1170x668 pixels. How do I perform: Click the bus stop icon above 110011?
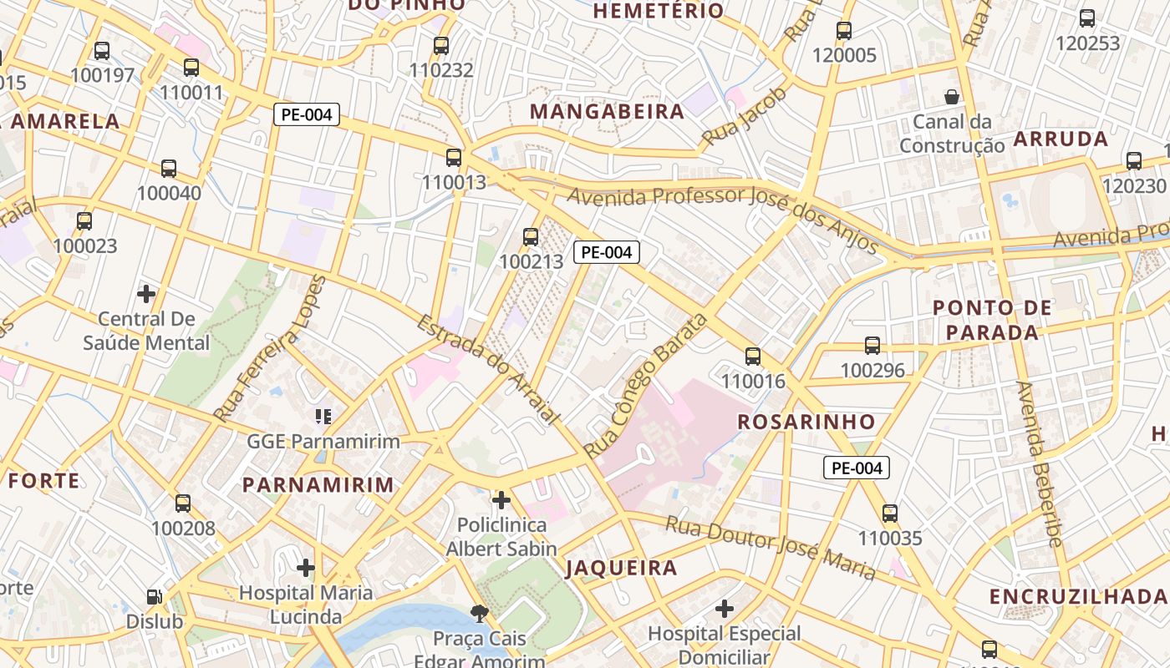click(x=191, y=68)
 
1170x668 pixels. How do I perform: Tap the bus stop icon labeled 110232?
click(x=441, y=46)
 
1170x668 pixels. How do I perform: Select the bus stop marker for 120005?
click(x=844, y=31)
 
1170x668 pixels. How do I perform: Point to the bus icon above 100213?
click(x=531, y=237)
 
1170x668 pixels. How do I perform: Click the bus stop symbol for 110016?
click(x=753, y=357)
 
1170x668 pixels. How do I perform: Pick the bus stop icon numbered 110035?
click(x=890, y=514)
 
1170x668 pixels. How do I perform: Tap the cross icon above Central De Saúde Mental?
click(x=146, y=294)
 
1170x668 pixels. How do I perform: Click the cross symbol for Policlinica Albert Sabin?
click(x=501, y=500)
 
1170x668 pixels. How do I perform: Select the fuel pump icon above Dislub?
click(x=155, y=597)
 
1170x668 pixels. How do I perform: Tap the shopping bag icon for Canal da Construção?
click(x=952, y=97)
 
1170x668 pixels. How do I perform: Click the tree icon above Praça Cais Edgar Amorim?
click(x=480, y=615)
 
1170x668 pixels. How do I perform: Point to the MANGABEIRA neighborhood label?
click(x=607, y=112)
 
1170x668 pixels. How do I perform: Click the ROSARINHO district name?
click(x=806, y=422)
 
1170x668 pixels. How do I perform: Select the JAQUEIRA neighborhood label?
click(x=622, y=569)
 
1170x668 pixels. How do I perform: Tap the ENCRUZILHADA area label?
click(x=1078, y=596)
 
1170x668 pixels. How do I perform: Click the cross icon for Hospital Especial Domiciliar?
click(x=725, y=609)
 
